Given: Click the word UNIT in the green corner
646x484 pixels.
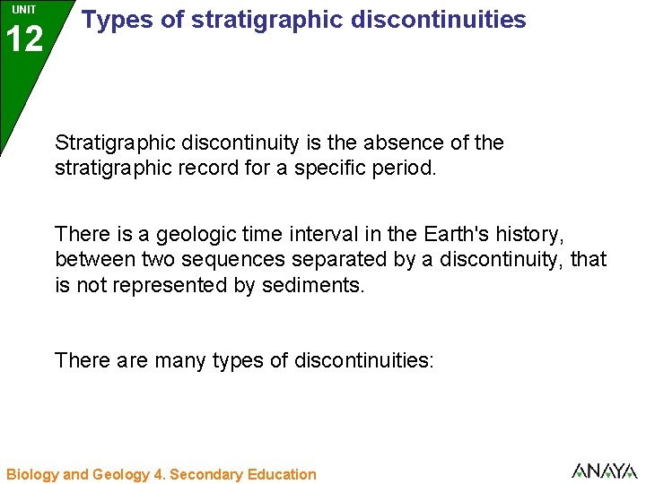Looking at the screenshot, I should pyautogui.click(x=24, y=9).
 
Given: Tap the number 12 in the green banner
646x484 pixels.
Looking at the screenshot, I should pyautogui.click(x=24, y=39).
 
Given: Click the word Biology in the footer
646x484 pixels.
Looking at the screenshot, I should pyautogui.click(x=32, y=474).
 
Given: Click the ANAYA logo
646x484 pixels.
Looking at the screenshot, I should pyautogui.click(x=604, y=471).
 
